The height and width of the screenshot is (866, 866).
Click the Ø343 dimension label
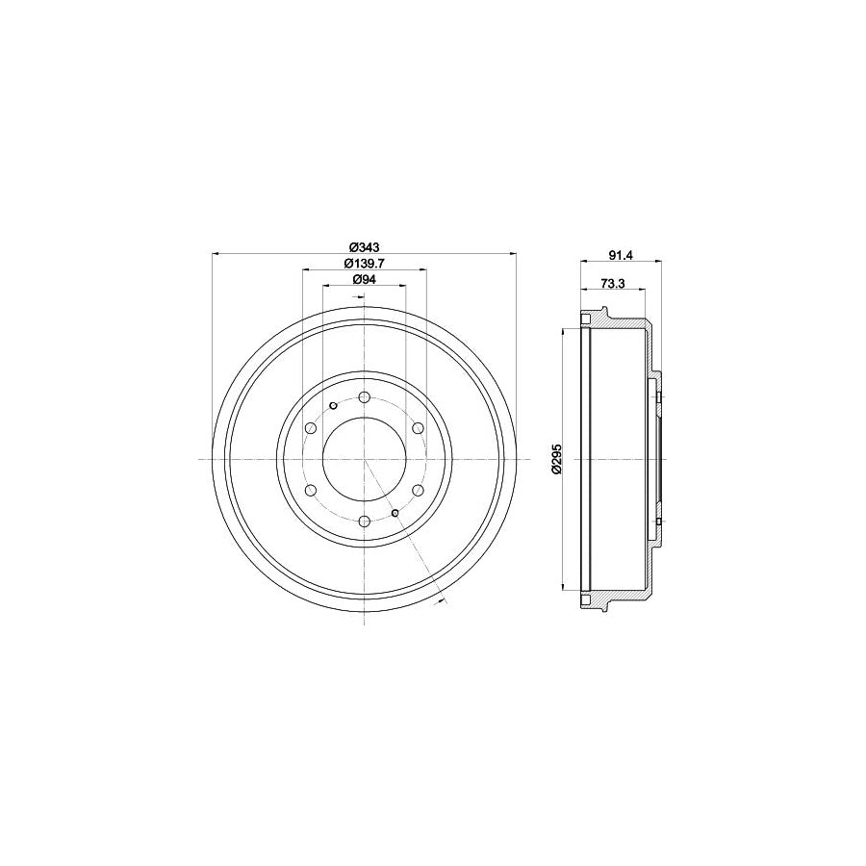[365, 244]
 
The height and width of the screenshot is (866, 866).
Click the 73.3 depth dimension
[613, 283]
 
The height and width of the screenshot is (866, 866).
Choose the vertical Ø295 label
[555, 459]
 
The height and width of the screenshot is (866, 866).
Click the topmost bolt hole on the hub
[365, 397]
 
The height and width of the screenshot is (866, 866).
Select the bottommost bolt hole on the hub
[365, 522]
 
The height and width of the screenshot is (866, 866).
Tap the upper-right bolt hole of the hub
[419, 429]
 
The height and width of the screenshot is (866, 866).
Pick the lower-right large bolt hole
[419, 491]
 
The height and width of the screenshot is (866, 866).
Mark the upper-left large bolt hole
[311, 429]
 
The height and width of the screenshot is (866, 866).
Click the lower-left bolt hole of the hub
[311, 491]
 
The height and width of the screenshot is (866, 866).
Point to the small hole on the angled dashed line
[396, 513]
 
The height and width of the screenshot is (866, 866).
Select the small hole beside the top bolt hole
[333, 406]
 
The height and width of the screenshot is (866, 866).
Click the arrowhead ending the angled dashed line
[440, 602]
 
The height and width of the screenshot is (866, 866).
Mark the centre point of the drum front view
[365, 460]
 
